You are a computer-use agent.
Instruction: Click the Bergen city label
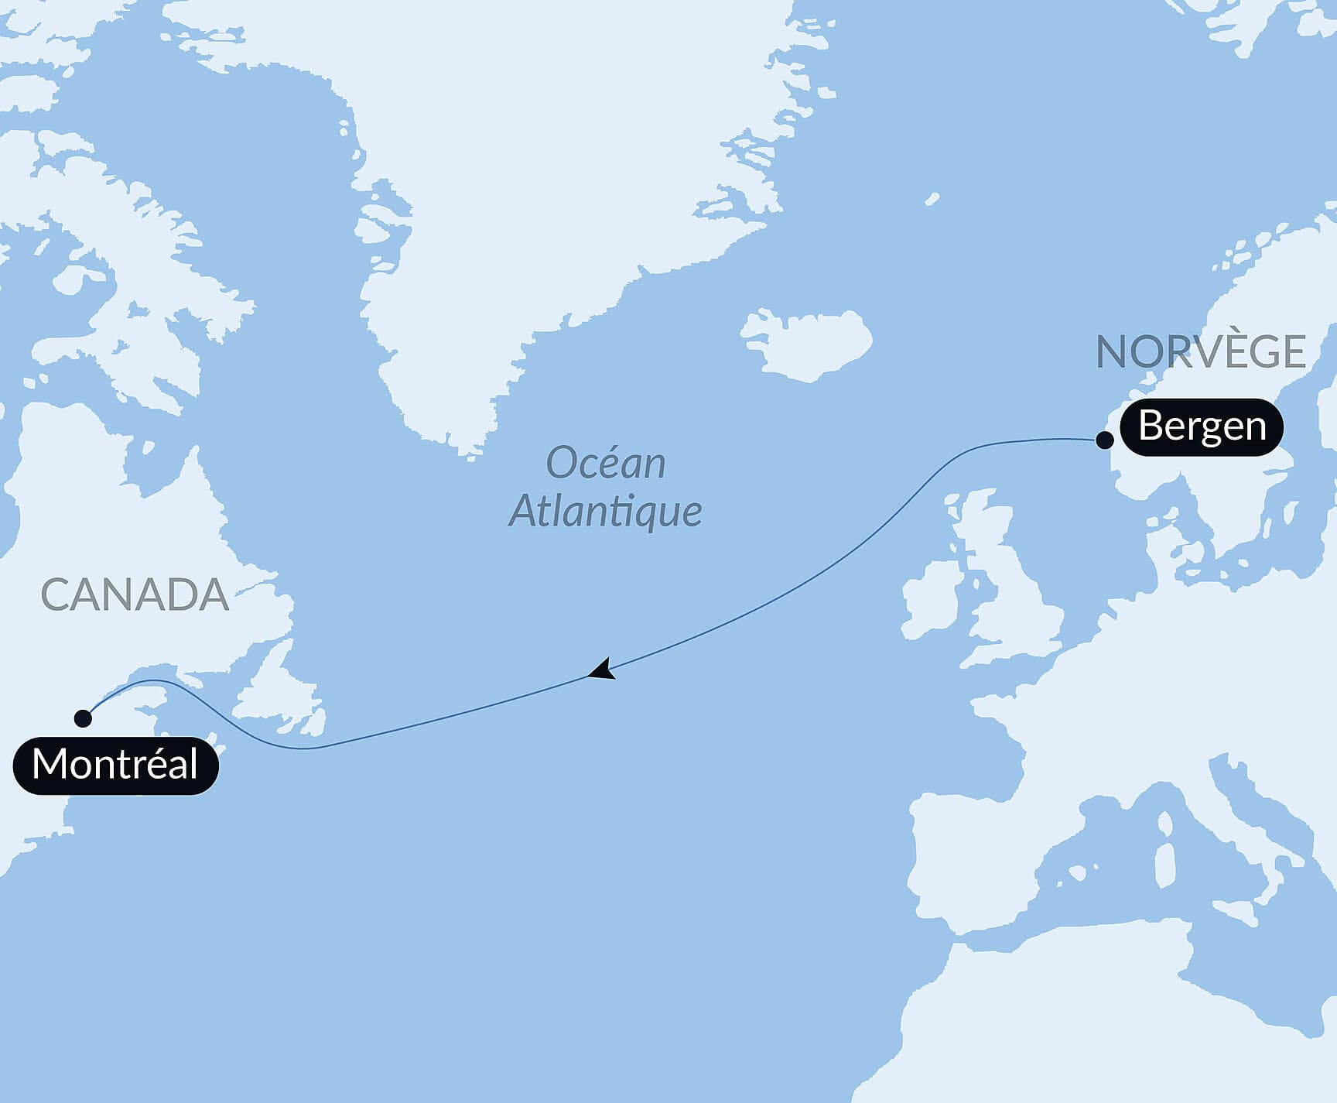[x=1202, y=426]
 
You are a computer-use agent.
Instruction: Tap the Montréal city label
[x=116, y=765]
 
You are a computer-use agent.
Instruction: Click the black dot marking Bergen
[x=1105, y=440]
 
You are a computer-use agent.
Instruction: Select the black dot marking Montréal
[x=83, y=718]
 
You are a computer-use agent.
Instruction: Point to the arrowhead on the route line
[x=602, y=670]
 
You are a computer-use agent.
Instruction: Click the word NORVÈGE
[x=1201, y=352]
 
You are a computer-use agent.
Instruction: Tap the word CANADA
[x=135, y=594]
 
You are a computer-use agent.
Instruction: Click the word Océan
[x=606, y=464]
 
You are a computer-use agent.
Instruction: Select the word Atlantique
[x=606, y=511]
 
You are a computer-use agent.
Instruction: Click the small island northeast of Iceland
[x=932, y=199]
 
